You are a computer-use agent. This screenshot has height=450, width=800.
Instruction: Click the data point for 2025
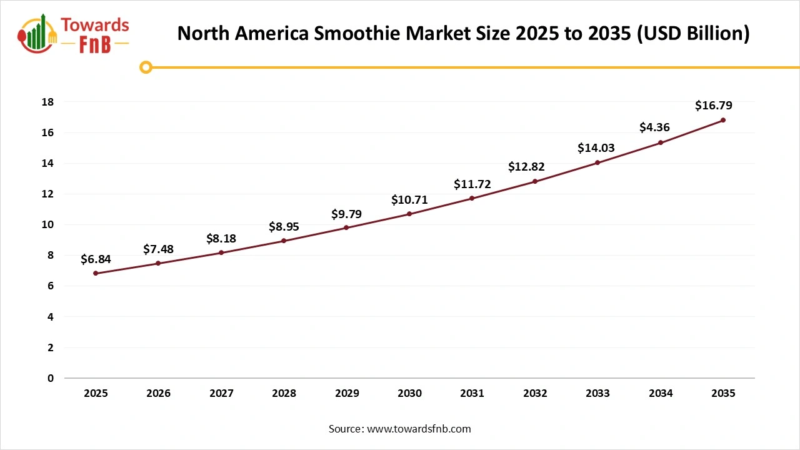click(x=96, y=273)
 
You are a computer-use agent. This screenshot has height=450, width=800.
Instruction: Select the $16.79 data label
click(x=713, y=106)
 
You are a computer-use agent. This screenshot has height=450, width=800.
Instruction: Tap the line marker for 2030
click(x=409, y=214)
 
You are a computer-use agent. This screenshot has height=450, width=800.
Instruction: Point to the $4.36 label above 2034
click(x=654, y=127)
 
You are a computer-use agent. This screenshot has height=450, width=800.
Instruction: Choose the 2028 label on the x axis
click(x=284, y=394)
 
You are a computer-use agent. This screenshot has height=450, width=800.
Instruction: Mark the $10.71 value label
click(x=409, y=200)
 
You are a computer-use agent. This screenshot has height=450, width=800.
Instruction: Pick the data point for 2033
click(x=597, y=162)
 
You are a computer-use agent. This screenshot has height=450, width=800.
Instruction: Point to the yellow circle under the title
click(x=146, y=67)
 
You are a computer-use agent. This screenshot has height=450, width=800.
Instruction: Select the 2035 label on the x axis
click(x=723, y=394)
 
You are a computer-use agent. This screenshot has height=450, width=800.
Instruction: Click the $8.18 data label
click(x=221, y=239)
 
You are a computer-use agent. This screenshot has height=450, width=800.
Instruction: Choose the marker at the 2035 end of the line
click(x=723, y=120)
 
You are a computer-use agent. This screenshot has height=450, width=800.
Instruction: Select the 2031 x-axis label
click(x=472, y=394)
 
